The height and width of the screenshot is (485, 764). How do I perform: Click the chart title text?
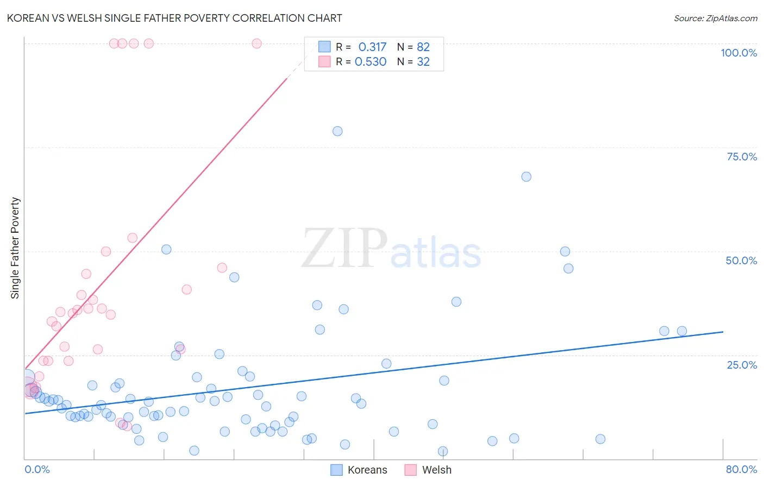(x=174, y=18)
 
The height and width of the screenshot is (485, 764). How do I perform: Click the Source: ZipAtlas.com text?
(x=715, y=18)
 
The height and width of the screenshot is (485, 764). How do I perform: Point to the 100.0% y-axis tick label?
(x=738, y=53)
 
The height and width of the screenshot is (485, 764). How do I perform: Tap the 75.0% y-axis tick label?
(x=742, y=157)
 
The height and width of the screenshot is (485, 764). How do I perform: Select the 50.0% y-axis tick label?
(x=741, y=260)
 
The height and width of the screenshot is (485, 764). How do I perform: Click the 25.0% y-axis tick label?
(x=742, y=365)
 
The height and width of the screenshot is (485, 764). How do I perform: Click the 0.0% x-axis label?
(x=37, y=469)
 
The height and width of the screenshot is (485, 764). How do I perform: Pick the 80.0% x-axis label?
(x=741, y=469)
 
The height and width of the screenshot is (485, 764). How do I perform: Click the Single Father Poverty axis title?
(x=15, y=248)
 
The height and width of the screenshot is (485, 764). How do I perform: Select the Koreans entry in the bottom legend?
(x=367, y=470)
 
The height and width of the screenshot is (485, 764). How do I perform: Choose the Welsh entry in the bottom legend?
(x=436, y=470)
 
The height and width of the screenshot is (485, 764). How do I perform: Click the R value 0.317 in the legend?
(x=372, y=47)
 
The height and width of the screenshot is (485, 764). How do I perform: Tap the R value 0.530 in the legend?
(x=371, y=62)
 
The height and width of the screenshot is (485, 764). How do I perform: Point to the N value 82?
(x=423, y=47)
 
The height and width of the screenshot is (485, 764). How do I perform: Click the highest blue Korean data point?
(x=337, y=131)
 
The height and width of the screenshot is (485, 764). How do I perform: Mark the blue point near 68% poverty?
(x=526, y=177)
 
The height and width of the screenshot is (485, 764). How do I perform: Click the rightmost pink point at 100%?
(x=256, y=43)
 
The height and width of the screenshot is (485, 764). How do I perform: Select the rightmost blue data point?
(x=682, y=331)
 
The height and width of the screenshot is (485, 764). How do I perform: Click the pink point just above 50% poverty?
(x=132, y=238)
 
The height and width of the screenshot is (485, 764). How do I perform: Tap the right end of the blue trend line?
(x=723, y=332)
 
